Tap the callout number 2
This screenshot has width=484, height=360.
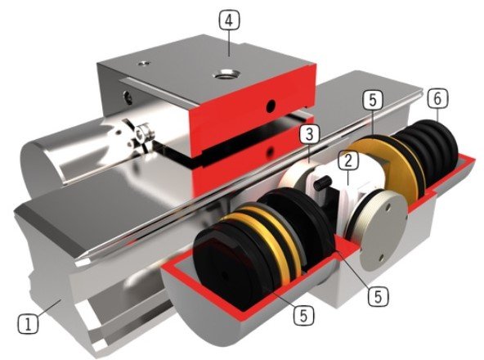pos(348,160)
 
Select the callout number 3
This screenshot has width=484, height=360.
pos(310,135)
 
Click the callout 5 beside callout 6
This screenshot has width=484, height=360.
pos(373,101)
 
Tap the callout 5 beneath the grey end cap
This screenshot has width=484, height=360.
pos(378,296)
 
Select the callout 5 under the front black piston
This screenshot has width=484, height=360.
pos(304,315)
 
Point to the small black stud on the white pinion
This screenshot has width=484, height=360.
pos(322,184)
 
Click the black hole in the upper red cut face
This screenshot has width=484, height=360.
pos(271,106)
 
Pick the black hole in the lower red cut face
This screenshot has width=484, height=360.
pos(270,151)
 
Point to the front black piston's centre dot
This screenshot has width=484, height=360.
pos(223,275)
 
